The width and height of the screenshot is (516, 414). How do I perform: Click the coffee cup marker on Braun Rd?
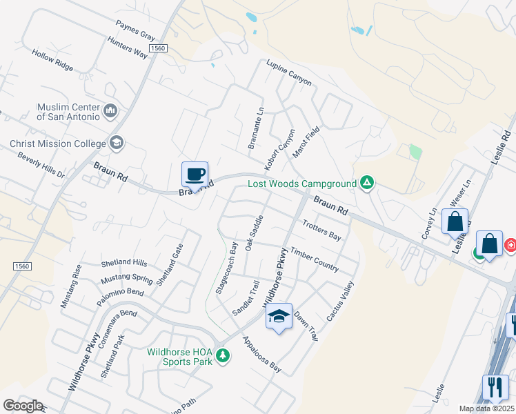coord(195,173)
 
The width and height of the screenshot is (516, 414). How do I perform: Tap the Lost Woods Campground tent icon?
coord(368,183)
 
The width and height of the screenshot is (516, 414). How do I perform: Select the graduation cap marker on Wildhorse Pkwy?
coord(279,315)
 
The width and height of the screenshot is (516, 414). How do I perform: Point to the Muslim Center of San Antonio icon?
coord(110,110)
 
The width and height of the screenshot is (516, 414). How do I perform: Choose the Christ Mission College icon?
coord(116,143)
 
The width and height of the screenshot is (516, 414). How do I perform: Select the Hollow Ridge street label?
coord(52,61)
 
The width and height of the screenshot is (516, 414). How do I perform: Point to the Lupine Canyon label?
coord(289,72)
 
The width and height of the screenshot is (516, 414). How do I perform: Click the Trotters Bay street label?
coord(322,230)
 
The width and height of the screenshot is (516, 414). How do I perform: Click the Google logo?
coord(23,405)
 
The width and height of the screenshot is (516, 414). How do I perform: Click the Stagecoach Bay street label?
coord(226,268)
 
